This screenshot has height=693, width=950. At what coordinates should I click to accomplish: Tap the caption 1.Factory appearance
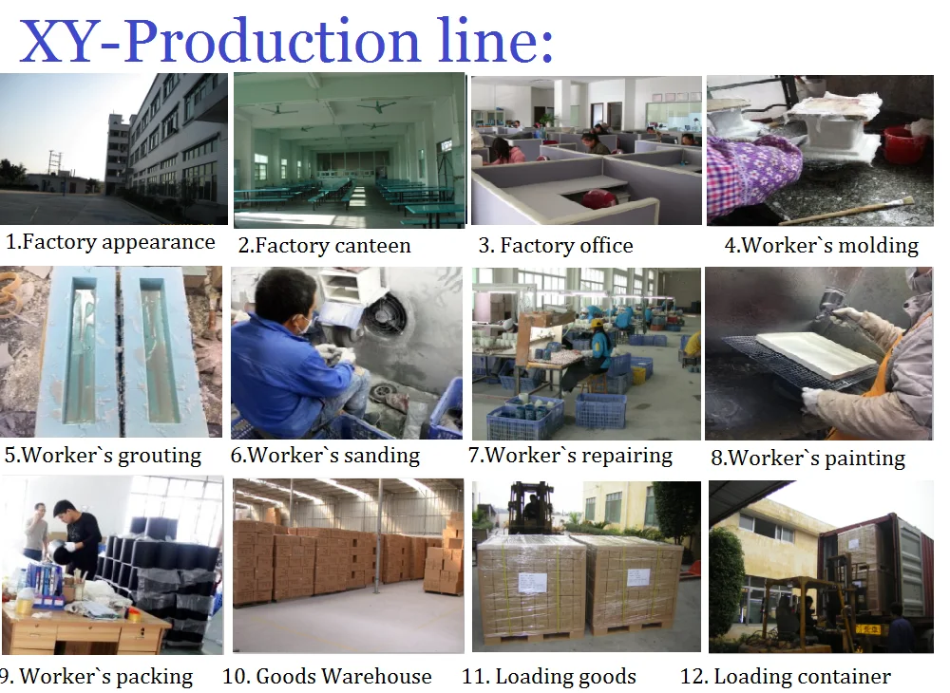point(110,242)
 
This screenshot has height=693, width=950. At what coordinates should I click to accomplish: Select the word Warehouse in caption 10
point(377,677)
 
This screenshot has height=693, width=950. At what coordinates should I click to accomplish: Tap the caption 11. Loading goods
point(549,677)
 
